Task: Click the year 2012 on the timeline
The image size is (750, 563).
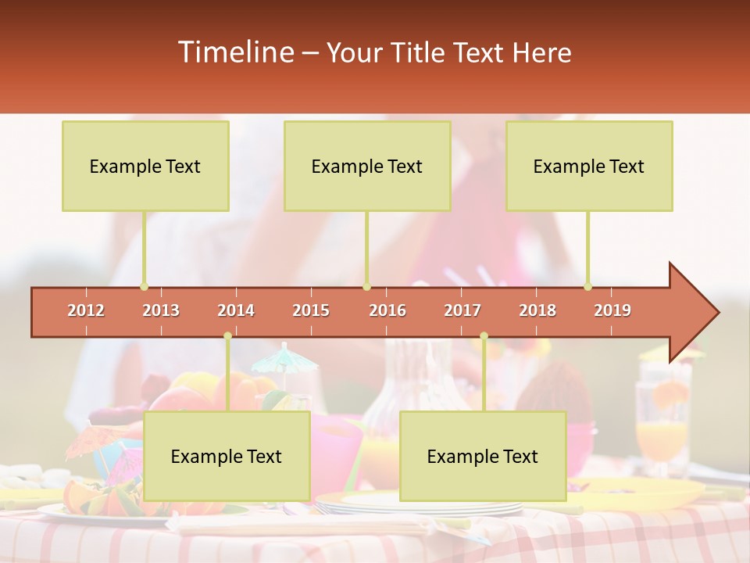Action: [86, 310]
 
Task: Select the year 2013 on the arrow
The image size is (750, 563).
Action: [161, 310]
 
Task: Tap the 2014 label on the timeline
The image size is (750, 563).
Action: [236, 310]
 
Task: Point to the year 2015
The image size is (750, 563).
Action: [311, 310]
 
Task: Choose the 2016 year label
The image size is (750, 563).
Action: [387, 310]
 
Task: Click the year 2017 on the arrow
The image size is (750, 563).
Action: [462, 310]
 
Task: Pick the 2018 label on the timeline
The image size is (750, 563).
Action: [537, 310]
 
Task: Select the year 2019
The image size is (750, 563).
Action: [612, 310]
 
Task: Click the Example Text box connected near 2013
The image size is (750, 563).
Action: [145, 166]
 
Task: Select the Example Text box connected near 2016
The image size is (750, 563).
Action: [367, 166]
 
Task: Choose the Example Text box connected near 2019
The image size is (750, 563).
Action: [589, 166]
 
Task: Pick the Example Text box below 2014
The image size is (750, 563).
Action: [227, 456]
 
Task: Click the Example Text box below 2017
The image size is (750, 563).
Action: [483, 456]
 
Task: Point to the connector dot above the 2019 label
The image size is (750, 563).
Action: [588, 287]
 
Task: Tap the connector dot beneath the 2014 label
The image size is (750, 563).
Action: [227, 335]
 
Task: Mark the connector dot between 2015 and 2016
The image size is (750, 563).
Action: [366, 287]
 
